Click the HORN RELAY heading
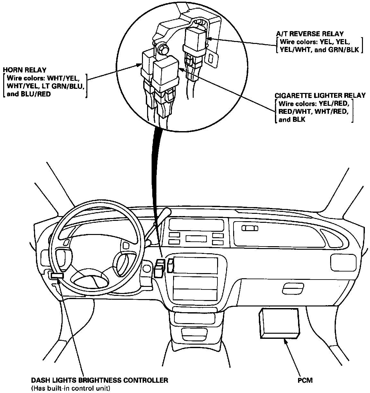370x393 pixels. tap(24, 70)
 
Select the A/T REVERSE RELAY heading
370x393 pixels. tap(310, 34)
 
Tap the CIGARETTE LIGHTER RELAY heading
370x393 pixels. tap(320, 96)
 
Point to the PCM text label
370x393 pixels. tap(305, 380)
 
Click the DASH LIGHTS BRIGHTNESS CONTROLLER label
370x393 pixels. tap(99, 380)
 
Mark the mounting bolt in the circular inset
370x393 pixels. tap(163, 49)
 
